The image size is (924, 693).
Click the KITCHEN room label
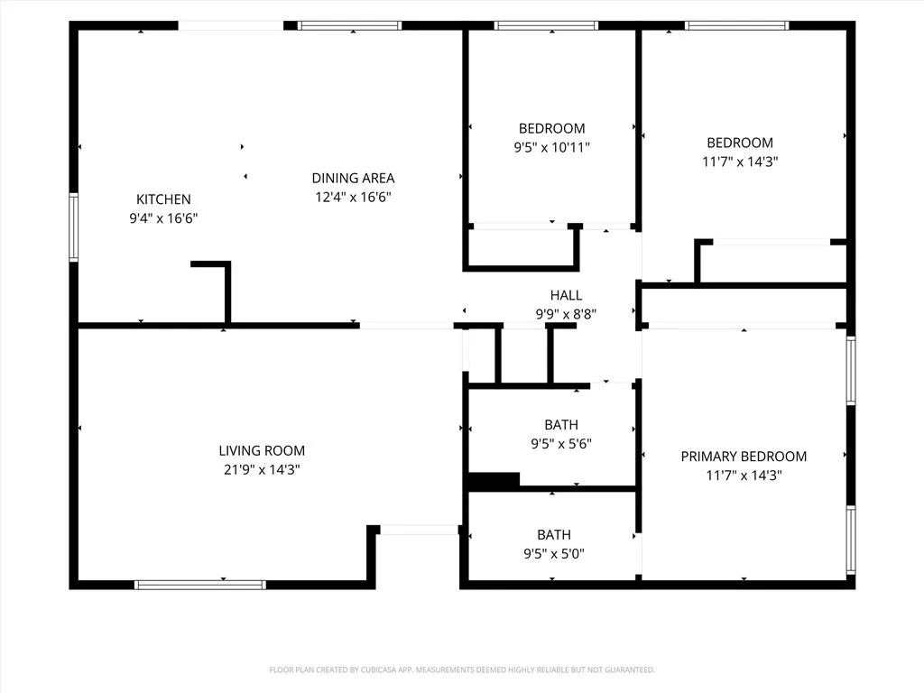pos(163,199)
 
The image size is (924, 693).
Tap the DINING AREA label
pos(353,178)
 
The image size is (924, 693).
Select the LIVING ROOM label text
pos(262,451)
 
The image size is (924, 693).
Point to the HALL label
pos(566,295)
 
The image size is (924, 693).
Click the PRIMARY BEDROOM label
pos(744,456)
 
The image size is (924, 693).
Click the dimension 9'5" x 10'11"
pos(551,147)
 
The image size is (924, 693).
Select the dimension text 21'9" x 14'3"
pos(262,469)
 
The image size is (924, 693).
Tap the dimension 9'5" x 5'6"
pos(561,443)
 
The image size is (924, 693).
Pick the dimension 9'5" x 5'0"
pos(554,553)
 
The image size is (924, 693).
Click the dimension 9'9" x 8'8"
pos(566,314)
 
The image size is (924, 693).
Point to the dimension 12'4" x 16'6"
pos(353,197)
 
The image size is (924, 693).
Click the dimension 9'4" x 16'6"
pos(163,218)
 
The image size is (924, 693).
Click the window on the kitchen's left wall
pos(74,227)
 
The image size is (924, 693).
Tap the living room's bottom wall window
pos(199,585)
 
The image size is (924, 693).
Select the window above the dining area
pos(349,25)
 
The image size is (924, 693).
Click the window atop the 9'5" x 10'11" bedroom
pos(546,25)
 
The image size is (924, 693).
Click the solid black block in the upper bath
pos(494,481)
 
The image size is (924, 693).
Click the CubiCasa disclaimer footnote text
pos(462,670)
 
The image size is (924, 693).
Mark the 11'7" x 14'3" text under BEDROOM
pos(740,162)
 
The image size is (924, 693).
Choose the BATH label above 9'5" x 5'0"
pos(554,534)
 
